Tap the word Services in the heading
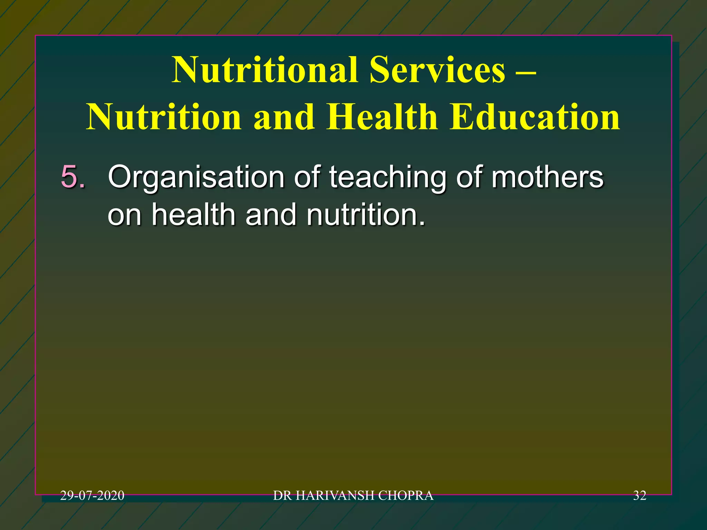pos(437,70)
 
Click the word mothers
pos(548,177)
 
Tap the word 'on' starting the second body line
pos(124,215)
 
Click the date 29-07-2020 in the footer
pos(92,495)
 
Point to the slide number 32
pos(639,495)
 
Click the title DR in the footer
pos(282,495)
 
